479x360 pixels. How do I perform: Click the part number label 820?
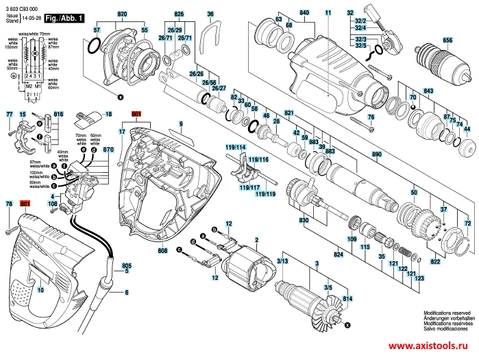pos(123,14)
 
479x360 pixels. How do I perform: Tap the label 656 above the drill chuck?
pos(447,41)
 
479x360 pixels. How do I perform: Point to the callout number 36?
pos(210,14)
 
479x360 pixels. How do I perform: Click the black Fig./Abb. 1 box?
pos(64,20)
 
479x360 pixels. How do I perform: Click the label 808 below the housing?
pos(162,251)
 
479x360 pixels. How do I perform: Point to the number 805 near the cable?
pos(126,265)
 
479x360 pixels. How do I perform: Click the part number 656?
pos(447,41)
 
